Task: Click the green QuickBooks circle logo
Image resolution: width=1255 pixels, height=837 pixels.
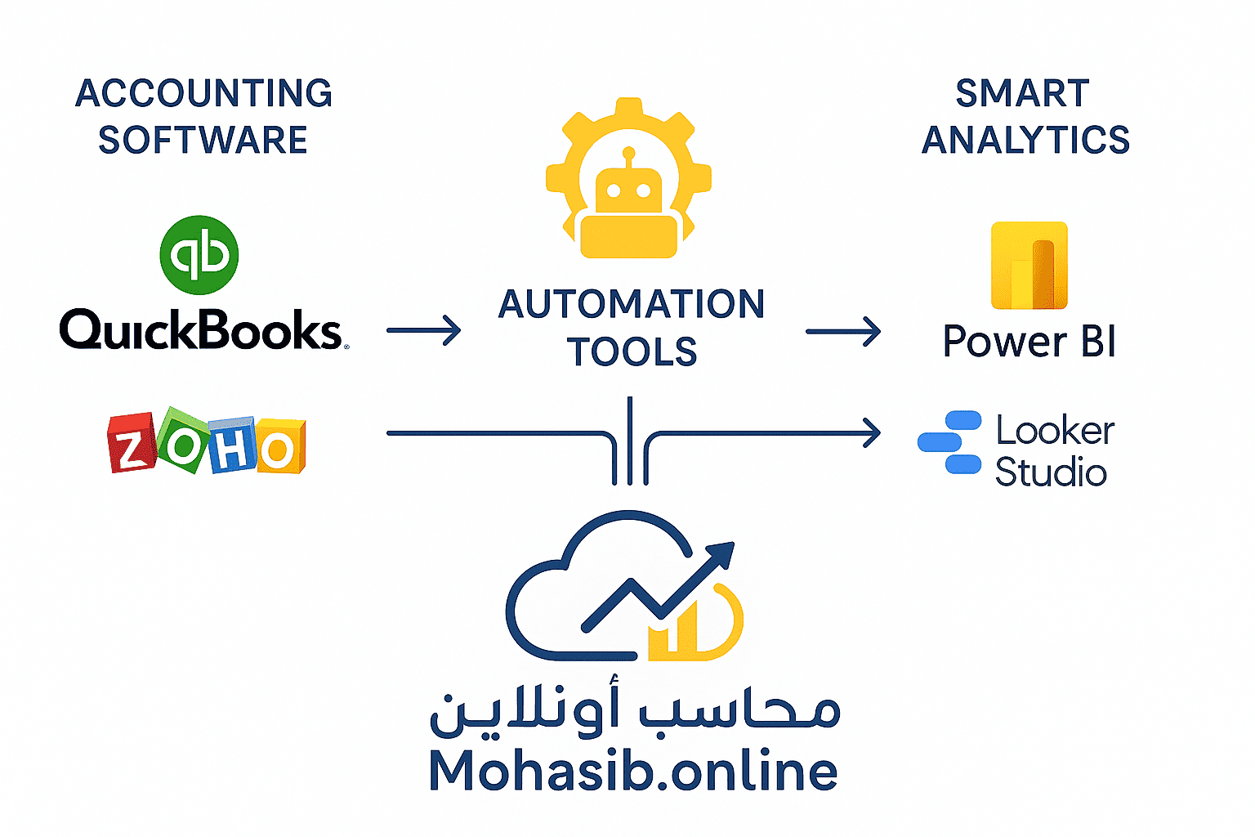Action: click(x=199, y=255)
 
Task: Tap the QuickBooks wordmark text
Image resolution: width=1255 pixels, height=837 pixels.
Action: click(x=203, y=331)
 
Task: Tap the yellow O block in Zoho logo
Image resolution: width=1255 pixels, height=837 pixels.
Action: click(x=280, y=447)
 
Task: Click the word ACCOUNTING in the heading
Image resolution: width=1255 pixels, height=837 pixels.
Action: click(x=203, y=93)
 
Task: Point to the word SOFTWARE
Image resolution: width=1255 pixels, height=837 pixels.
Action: click(x=203, y=140)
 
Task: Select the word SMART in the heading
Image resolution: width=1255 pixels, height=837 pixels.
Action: click(x=1022, y=93)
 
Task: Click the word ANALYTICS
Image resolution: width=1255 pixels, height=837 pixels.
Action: click(x=1025, y=140)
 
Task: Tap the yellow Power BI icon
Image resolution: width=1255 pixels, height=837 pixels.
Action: click(x=1029, y=266)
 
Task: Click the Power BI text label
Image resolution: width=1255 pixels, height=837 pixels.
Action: click(x=1029, y=341)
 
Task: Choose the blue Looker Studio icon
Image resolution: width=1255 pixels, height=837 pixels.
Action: click(x=950, y=442)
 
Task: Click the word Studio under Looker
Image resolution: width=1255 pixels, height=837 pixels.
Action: click(x=1051, y=472)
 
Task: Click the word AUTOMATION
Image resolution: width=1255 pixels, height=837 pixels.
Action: click(x=632, y=304)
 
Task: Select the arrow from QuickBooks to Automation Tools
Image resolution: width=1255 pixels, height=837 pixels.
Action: click(x=423, y=331)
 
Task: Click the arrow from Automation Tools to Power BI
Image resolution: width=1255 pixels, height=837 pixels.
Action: click(x=843, y=331)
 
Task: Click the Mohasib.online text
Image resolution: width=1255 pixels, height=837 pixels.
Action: click(x=633, y=771)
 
